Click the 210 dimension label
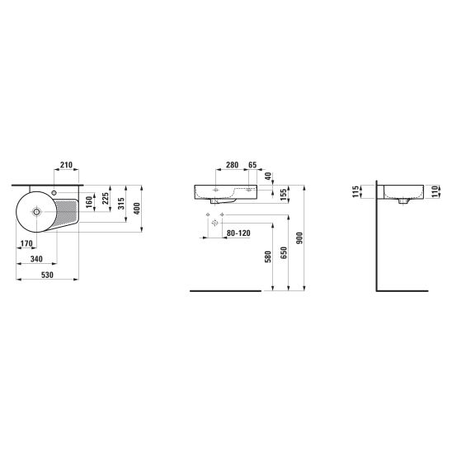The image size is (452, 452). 66,165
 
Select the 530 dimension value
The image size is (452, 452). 47,275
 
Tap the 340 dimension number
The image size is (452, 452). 36,259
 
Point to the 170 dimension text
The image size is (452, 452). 26,243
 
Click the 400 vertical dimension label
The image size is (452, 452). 137,209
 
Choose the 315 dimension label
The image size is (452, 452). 121,204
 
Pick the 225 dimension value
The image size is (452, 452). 106,198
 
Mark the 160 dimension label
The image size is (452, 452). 89,202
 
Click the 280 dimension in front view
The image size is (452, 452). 232,165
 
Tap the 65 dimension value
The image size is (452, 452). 252,165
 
